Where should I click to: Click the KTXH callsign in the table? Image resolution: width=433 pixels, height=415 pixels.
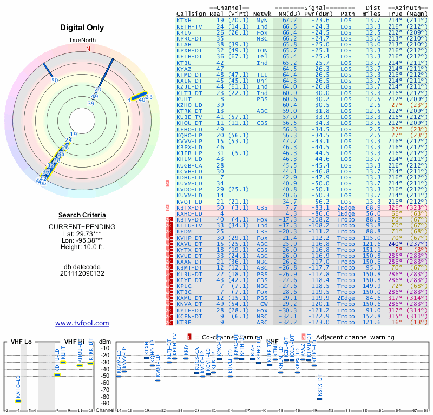coord(184,20)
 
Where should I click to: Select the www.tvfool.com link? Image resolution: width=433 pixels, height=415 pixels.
coord(82,323)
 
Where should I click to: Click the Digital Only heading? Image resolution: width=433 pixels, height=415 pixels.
coord(82,28)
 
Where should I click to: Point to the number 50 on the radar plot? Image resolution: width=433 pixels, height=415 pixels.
coord(55,80)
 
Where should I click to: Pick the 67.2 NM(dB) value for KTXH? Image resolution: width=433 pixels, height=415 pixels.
coord(290,20)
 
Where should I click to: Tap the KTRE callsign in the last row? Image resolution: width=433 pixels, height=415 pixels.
coord(184,322)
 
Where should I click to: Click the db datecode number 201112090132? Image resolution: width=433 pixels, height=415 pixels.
coord(82,273)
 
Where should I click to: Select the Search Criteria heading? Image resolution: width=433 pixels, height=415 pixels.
coord(82,215)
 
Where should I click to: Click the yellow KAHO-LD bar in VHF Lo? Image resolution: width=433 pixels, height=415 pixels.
coord(18,401)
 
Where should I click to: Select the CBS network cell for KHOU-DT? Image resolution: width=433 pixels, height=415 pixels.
coord(262,123)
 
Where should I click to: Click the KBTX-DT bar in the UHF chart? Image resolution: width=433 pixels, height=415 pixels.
coord(319,399)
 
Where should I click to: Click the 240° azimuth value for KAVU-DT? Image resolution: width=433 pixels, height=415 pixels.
coord(396,244)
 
